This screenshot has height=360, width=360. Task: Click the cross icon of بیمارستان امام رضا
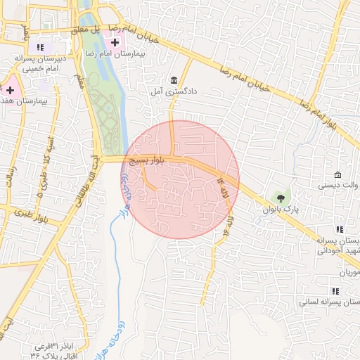coord(115,42)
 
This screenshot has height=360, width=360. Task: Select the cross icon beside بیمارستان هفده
coord(11,90)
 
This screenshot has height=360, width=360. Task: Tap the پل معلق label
coord(84,31)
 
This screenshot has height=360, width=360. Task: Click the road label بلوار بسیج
coord(148,161)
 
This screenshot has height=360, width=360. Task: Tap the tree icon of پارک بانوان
coord(281,198)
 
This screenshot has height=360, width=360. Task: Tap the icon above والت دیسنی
coord(338,174)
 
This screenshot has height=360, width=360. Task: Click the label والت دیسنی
coord(339,186)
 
